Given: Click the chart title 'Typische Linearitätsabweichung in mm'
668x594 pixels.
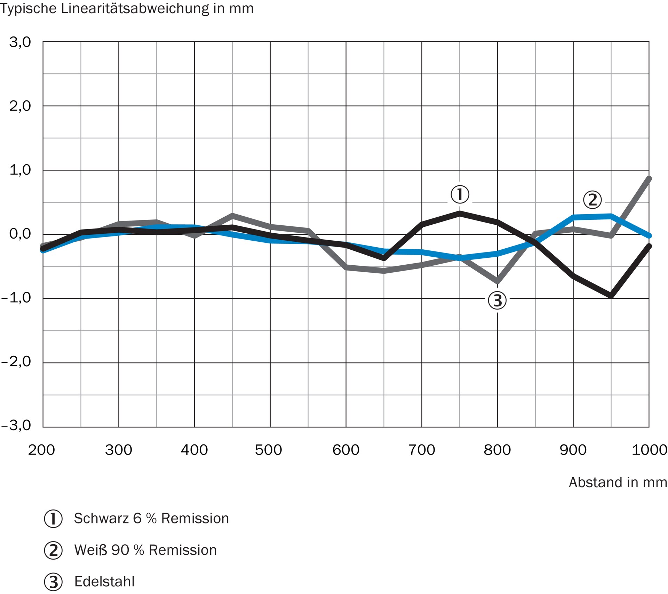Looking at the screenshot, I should click(x=127, y=8).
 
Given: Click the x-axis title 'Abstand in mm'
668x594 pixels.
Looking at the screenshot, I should click(x=618, y=482).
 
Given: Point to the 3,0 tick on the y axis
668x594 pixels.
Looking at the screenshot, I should click(x=20, y=42).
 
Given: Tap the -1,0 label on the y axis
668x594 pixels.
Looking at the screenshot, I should click(x=16, y=298).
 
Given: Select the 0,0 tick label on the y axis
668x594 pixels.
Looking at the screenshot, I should click(x=20, y=234).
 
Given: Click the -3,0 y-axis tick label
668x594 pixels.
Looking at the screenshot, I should click(x=16, y=425).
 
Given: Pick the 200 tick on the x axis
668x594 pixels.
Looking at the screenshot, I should click(x=41, y=450).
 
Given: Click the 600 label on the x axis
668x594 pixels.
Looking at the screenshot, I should click(x=346, y=450).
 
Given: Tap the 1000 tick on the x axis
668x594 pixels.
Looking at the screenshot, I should click(x=649, y=450).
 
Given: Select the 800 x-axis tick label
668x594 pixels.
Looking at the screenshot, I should click(x=497, y=450).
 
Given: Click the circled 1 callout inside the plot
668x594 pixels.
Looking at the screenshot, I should click(x=460, y=194).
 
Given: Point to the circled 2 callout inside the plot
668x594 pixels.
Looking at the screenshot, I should click(x=593, y=200).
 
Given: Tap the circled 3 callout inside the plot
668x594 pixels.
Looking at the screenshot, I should click(x=498, y=300).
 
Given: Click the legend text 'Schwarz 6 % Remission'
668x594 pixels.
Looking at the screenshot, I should click(x=151, y=519).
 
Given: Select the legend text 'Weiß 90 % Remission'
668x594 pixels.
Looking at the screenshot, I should click(x=145, y=550).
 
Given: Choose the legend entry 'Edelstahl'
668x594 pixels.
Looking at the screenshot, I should click(x=104, y=581).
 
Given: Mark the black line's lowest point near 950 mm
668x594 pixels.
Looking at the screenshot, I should click(x=611, y=296).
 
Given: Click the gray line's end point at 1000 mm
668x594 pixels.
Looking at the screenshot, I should click(x=649, y=179).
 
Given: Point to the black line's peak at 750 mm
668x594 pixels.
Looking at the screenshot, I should click(x=460, y=213).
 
